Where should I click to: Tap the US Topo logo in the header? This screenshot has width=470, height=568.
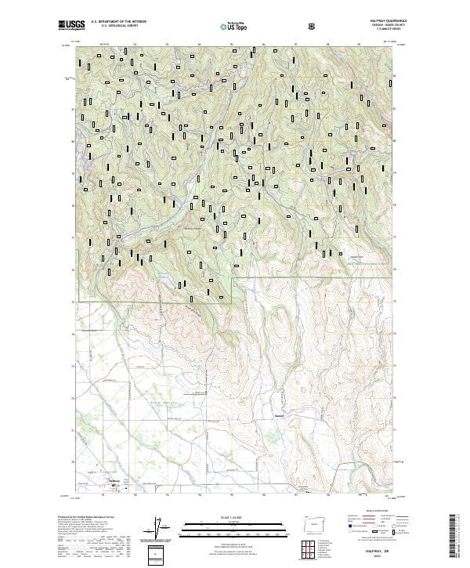(x=237, y=26)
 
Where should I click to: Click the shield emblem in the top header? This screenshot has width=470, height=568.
(x=314, y=25)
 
